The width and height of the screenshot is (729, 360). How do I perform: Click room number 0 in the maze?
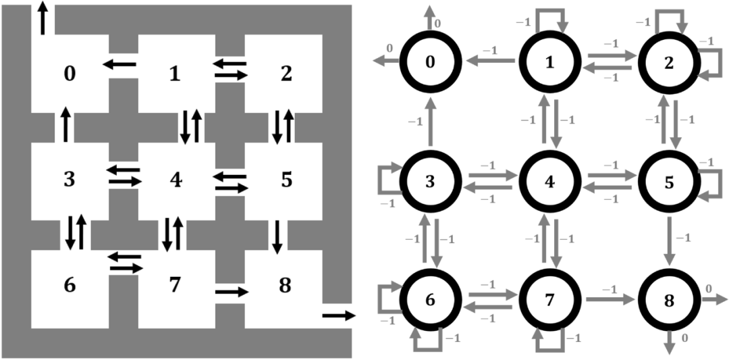point(70,74)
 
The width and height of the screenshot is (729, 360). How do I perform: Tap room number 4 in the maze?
point(175,180)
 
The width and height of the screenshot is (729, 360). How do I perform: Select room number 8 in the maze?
point(284,286)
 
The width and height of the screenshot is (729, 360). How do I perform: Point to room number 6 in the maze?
point(70,286)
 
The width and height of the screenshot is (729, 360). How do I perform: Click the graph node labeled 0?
point(431,62)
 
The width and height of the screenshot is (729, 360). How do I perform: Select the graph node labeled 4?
point(549,181)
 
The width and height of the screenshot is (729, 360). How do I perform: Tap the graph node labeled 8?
point(669,299)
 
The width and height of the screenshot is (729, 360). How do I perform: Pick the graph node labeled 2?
point(669,62)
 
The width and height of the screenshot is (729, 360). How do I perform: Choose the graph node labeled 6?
point(431,299)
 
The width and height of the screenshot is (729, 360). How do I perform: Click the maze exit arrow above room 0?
point(44,18)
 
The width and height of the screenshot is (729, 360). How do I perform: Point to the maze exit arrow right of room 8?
point(338,315)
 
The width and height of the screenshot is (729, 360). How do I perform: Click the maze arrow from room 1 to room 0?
point(119,64)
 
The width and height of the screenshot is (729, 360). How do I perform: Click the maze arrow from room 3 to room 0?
point(65,124)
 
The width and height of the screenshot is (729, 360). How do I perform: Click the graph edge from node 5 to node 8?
point(669,240)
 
